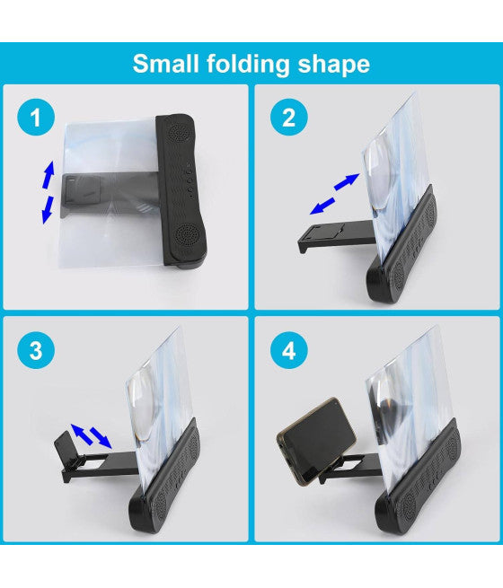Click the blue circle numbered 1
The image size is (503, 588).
[36, 117]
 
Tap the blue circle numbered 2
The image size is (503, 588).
[288, 117]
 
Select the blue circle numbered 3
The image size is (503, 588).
[36, 351]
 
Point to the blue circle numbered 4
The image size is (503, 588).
[288, 351]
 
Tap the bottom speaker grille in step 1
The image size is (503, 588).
[185, 237]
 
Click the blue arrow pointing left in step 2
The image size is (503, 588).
[319, 206]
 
